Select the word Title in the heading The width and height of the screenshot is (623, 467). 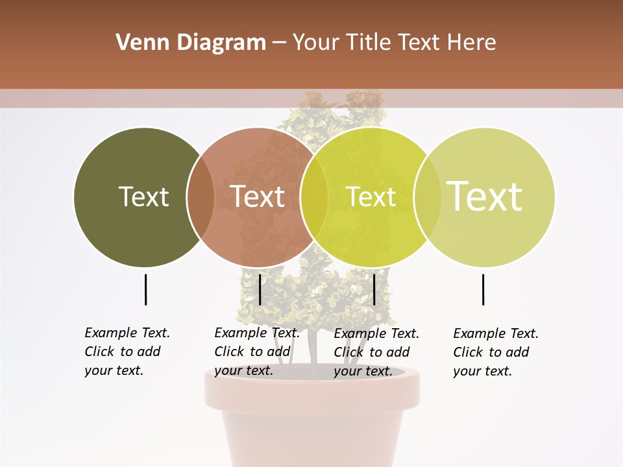point(371,43)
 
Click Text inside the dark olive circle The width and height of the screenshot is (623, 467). point(143,197)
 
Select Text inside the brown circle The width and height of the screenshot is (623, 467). point(258,197)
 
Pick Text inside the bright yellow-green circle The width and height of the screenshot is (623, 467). point(371,197)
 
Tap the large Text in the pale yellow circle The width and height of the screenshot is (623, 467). point(485,196)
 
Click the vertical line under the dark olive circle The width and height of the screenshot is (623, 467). point(145,289)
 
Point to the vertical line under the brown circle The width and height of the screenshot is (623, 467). point(260,289)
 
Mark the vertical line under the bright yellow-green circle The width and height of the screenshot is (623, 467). point(374,289)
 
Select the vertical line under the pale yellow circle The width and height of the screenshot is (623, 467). point(483,289)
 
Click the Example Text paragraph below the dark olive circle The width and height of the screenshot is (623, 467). point(127,352)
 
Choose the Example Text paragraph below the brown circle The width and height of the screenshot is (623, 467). point(256,352)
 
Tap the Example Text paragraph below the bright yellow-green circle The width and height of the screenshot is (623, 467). point(376,352)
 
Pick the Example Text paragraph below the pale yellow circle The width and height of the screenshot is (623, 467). point(495,352)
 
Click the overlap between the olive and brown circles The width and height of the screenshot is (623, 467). point(201,197)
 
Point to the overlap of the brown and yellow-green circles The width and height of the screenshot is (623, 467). point(314,197)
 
